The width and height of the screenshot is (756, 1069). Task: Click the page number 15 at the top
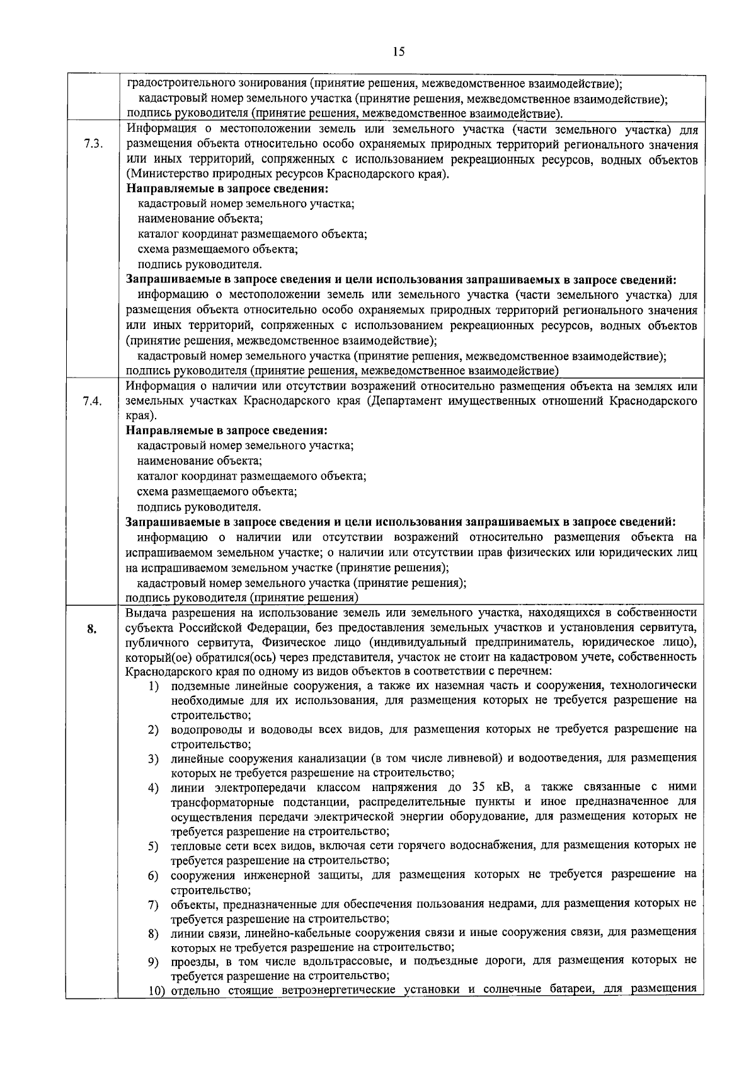pyautogui.click(x=398, y=52)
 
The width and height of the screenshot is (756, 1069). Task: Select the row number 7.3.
pyautogui.click(x=92, y=144)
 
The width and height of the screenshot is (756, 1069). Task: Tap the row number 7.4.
pyautogui.click(x=92, y=401)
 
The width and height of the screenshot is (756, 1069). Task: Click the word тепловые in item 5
pyautogui.click(x=193, y=845)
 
